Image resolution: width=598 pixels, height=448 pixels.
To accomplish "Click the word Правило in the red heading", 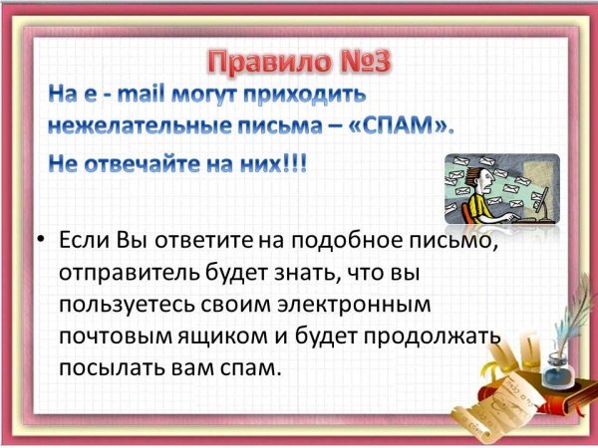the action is point(270,62).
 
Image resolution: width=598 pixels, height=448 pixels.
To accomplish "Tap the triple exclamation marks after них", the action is point(296,164).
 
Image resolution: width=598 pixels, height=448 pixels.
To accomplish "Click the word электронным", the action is point(354,306).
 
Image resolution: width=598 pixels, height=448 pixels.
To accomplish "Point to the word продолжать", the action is point(432,337).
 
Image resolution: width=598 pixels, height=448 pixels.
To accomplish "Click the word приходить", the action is point(305,96).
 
